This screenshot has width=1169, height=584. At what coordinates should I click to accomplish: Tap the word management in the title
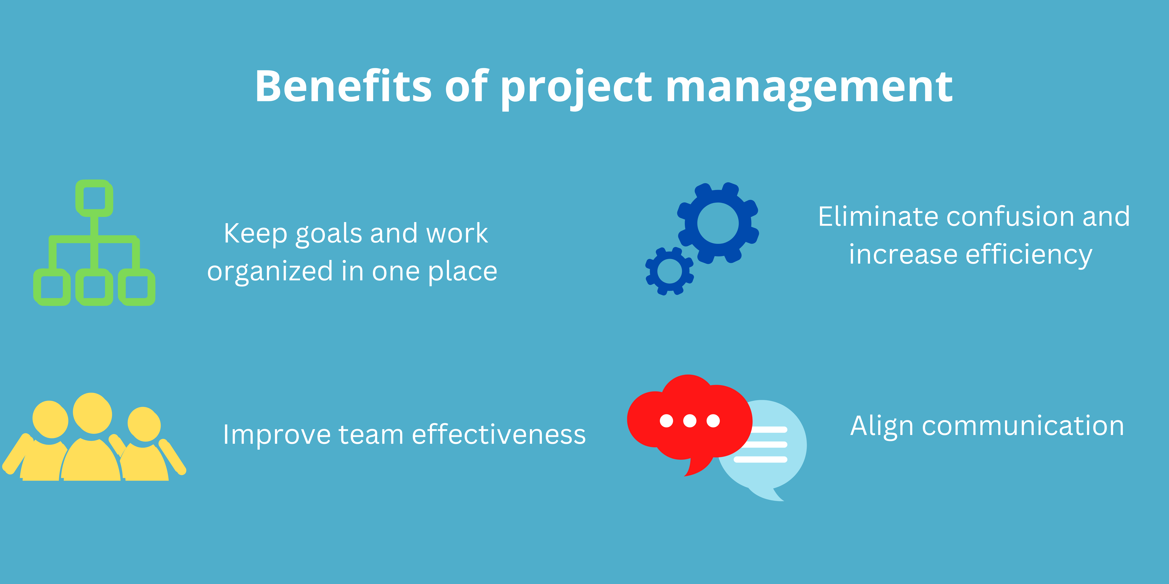click(x=809, y=87)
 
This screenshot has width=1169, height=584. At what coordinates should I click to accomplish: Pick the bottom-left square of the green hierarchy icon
click(x=52, y=287)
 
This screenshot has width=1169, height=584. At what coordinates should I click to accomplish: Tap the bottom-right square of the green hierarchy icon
click(x=137, y=287)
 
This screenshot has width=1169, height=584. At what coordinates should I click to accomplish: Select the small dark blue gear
click(x=669, y=271)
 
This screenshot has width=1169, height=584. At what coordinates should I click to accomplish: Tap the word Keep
click(x=255, y=234)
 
